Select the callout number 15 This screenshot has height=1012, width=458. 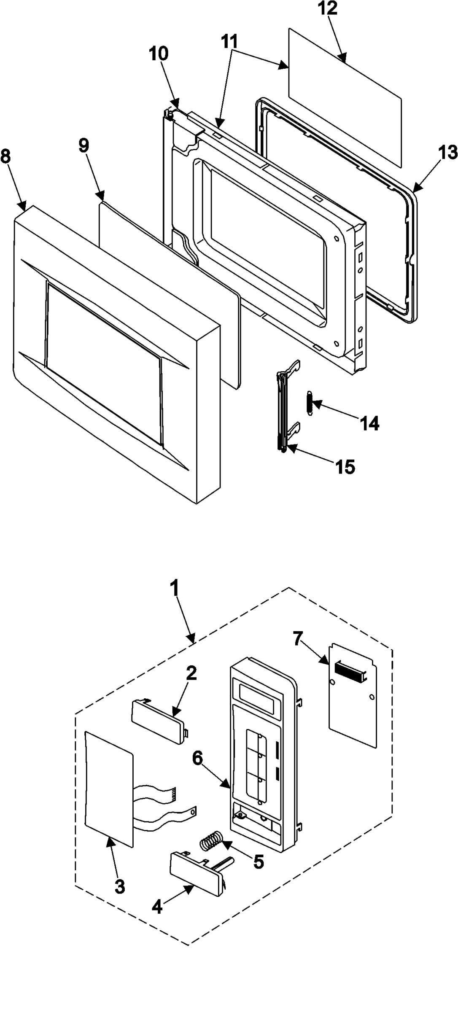[x=345, y=467]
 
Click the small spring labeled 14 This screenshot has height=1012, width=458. [x=309, y=404]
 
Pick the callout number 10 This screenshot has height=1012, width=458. [x=159, y=54]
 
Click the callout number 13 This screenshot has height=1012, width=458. [x=447, y=153]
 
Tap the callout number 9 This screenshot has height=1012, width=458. [x=84, y=145]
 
